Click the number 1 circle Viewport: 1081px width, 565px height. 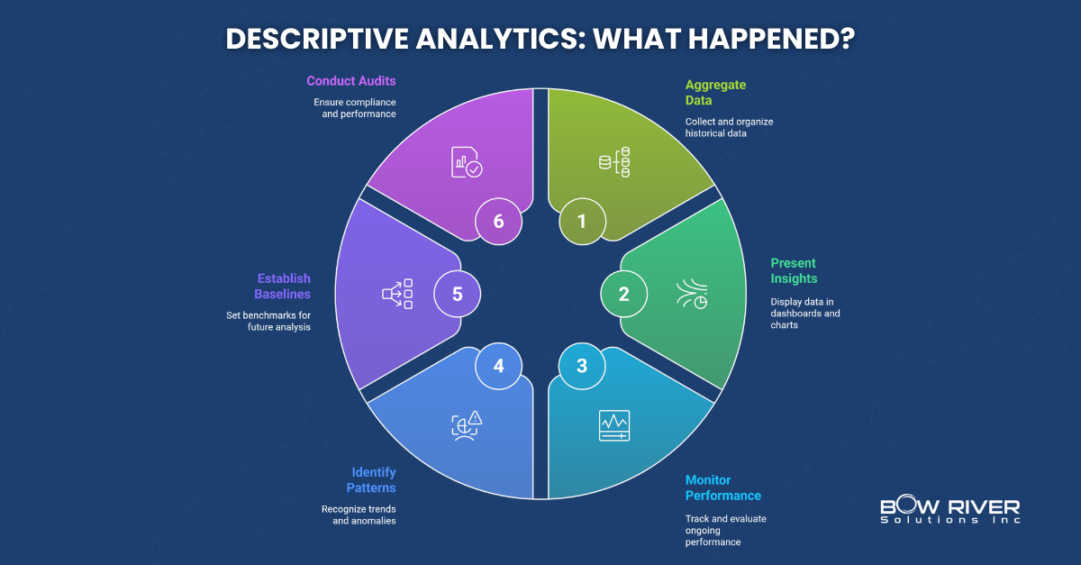(581, 222)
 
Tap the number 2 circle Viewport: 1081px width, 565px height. (623, 294)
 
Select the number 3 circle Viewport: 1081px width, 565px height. (581, 366)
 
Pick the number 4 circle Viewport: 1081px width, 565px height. (498, 366)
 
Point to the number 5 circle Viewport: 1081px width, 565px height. (457, 294)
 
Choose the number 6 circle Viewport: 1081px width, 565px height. (498, 222)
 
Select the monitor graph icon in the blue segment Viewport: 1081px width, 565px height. (614, 425)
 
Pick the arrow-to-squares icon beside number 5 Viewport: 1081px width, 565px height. (397, 294)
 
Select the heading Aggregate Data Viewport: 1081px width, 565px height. (710, 93)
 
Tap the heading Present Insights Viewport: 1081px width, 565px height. (793, 270)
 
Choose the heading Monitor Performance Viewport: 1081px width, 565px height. (722, 488)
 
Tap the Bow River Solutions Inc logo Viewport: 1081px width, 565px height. (949, 511)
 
